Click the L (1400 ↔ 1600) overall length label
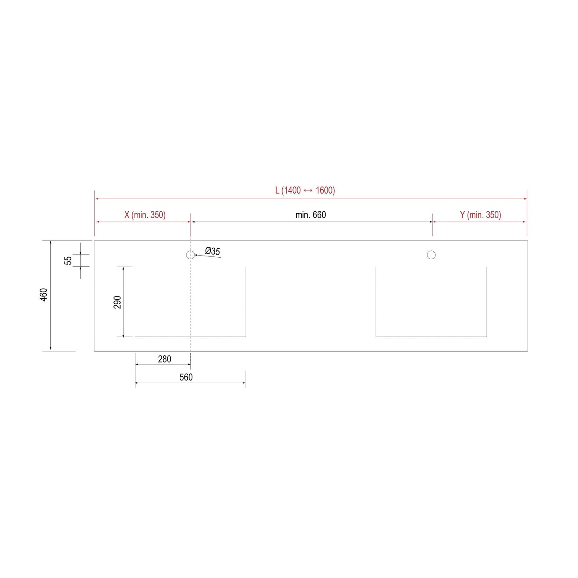[x=305, y=190]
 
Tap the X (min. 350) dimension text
[x=145, y=215]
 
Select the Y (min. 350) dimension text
[x=480, y=215]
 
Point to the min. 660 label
[x=310, y=215]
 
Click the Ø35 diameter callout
[x=212, y=251]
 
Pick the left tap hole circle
[x=190, y=255]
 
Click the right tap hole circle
[x=431, y=255]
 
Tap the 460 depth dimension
[x=44, y=295]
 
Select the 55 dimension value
[x=68, y=260]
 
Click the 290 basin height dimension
[x=117, y=302]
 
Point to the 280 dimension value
[x=164, y=359]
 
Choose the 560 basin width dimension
[x=186, y=377]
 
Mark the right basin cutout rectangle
[x=431, y=302]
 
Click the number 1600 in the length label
[x=325, y=190]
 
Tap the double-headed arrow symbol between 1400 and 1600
[x=308, y=191]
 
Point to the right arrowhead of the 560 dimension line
[x=244, y=383]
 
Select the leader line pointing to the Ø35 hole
[x=208, y=256]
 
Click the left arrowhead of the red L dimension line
[x=97, y=198]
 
